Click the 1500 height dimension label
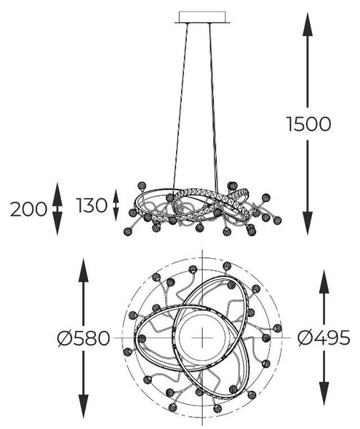coord(308,124)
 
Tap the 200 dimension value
coord(29,209)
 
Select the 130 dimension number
coord(92,205)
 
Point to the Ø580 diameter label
coord(84,338)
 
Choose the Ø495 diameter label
coord(324,337)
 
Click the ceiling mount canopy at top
coord(202,17)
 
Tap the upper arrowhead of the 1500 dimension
coord(308,24)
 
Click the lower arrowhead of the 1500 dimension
coord(308,223)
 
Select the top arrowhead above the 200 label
coord(57,194)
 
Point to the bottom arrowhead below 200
coord(57,224)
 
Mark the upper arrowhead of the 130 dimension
coord(116,196)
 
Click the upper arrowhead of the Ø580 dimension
coord(84,270)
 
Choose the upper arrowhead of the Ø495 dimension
coord(324,282)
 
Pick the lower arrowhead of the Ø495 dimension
coord(324,394)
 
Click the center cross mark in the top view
coord(202,337)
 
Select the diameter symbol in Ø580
coord(64,338)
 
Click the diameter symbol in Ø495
coord(305,337)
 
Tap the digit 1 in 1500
coord(290,124)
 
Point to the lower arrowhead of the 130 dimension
coord(116,214)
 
